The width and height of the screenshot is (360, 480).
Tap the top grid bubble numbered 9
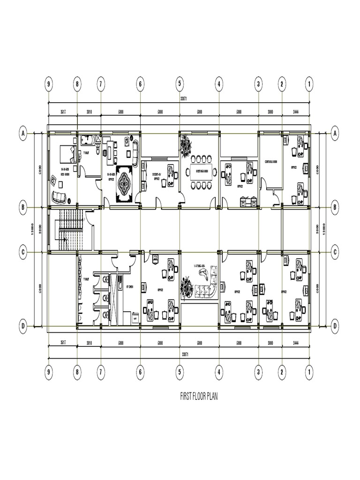pos(49,84)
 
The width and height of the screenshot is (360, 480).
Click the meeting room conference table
pos(201,172)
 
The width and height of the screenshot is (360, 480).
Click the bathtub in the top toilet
pos(88,139)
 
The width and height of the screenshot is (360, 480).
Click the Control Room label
pos(271,160)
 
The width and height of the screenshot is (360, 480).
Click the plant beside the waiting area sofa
pos(187,286)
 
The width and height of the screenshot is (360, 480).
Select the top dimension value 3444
pos(295,112)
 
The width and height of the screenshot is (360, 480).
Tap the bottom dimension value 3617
pos(62,343)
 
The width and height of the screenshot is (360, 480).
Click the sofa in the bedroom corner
pos(59,197)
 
